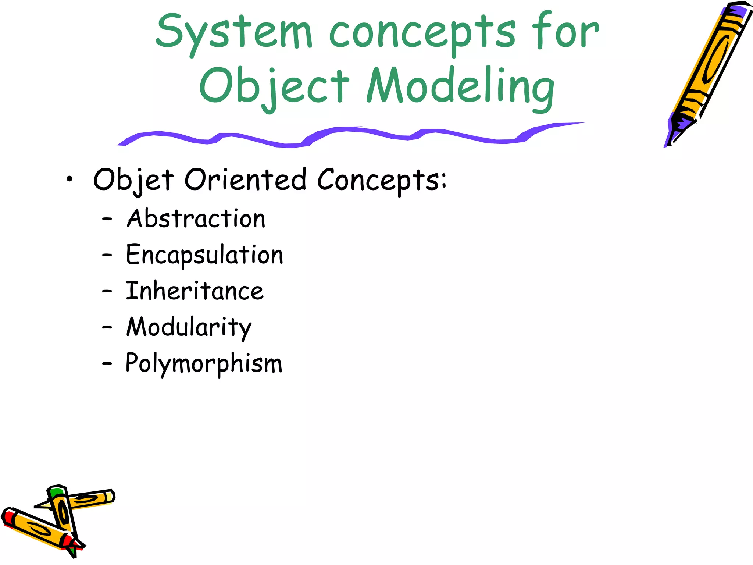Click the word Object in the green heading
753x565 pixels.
tap(274, 87)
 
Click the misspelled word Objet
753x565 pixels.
tap(133, 180)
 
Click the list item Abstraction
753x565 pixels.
tap(196, 218)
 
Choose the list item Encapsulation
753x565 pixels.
tap(204, 255)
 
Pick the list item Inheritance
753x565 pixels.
tap(195, 291)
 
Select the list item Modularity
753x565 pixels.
tap(189, 327)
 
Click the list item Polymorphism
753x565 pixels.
tap(204, 363)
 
